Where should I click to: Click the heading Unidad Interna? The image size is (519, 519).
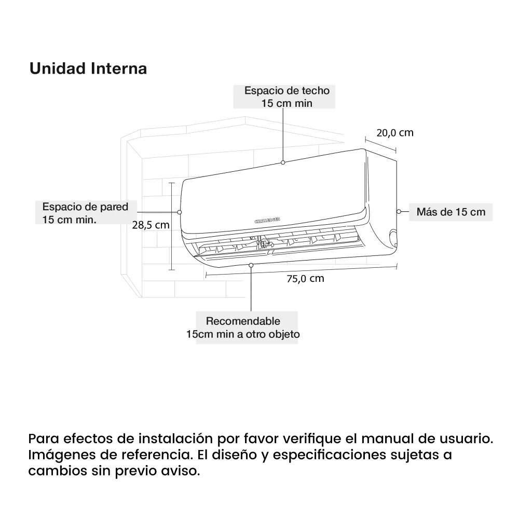(88, 69)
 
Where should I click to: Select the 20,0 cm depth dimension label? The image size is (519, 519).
(394, 133)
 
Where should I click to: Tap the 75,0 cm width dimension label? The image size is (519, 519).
(305, 279)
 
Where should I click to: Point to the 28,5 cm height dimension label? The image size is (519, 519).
(151, 225)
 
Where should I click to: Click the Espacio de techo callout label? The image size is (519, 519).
(287, 97)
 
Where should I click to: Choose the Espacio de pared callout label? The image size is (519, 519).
(85, 213)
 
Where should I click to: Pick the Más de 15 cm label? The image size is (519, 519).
(450, 212)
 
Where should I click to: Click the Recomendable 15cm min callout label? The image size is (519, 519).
(243, 327)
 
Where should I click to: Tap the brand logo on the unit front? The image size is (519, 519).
(268, 221)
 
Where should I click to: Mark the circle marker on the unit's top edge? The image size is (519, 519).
(283, 162)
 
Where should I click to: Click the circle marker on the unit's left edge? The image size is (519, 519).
(180, 212)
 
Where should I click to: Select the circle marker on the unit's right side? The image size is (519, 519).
(398, 211)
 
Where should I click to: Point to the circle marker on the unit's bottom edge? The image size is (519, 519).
(251, 265)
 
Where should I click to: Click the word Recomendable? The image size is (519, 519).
(243, 321)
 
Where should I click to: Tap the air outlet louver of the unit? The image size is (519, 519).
(280, 244)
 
